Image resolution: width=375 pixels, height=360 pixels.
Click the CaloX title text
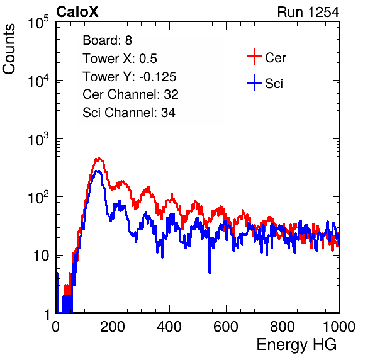pos(77,12)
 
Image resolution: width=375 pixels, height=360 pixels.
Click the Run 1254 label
pos(308,12)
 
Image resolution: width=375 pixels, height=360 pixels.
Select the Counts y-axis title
pos(9,49)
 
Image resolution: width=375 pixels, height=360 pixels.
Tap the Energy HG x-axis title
pos(296,345)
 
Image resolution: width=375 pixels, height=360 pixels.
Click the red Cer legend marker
pos(254,57)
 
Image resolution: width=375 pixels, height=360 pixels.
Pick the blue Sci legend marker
pos(254,82)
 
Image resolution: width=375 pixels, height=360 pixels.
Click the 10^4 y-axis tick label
pos(38,81)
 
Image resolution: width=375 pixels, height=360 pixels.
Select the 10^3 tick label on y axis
pos(38,139)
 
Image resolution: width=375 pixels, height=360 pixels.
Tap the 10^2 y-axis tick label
pos(38,197)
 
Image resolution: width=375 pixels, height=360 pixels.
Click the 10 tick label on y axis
pos(41,256)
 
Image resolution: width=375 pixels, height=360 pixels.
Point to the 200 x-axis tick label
pos(113,326)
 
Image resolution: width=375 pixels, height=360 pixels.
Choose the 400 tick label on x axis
pos(169,326)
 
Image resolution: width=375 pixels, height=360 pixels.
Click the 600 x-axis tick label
pos(226,326)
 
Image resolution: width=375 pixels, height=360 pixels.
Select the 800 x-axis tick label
pos(283,326)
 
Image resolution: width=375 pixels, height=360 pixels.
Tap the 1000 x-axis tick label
pos(339,326)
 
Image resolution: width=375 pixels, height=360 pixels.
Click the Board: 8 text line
pos(108,40)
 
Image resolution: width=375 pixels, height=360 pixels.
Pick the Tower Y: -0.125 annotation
pos(130,77)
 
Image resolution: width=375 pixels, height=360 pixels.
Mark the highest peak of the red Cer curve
pos(98,158)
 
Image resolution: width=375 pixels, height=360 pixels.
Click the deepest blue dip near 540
pos(210,272)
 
